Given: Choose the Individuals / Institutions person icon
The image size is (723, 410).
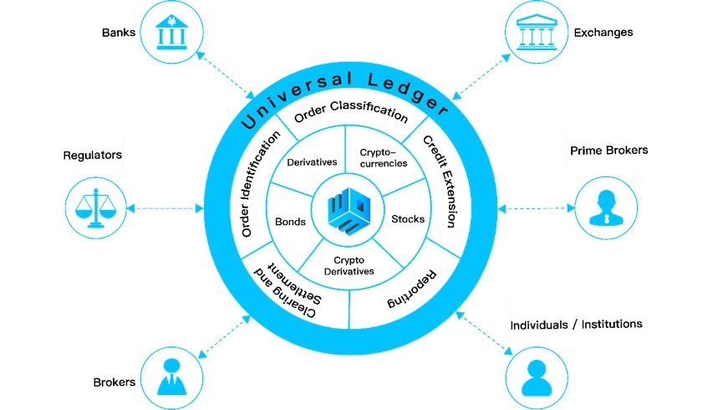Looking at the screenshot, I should [x=537, y=376].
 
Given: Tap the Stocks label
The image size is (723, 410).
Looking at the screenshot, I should [x=408, y=220].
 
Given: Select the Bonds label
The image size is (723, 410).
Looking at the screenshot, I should [x=290, y=223].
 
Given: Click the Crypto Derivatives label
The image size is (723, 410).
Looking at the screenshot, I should [x=350, y=265].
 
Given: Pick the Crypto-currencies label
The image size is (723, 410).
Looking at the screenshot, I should [x=383, y=158].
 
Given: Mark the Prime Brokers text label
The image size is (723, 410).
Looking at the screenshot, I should [x=609, y=151].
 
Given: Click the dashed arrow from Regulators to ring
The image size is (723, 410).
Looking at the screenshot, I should [x=167, y=208].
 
